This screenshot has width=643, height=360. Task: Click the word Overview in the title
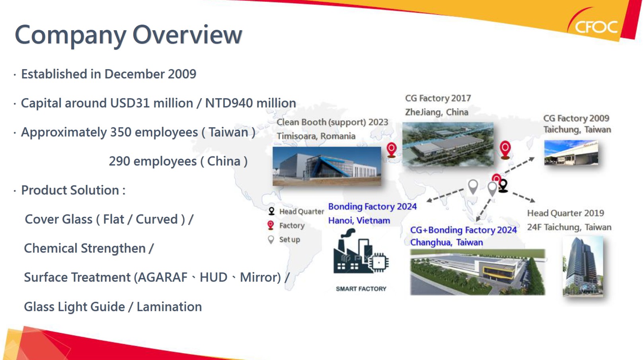187,35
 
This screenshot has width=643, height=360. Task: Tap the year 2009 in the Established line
182,74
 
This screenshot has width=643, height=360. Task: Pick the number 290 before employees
119,162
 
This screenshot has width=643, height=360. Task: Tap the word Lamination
169,307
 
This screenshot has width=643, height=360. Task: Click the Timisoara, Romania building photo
327,166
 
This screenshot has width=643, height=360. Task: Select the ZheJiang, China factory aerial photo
448,144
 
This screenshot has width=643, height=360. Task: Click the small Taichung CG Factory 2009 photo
571,152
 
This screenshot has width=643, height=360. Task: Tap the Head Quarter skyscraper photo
583,266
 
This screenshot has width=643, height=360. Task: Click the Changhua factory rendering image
477,272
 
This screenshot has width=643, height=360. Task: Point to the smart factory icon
361,251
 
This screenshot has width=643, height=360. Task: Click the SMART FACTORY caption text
361,289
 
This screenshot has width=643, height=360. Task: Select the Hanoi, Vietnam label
359,220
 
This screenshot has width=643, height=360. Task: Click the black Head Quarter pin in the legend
271,211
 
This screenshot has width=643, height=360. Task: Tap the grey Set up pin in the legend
271,240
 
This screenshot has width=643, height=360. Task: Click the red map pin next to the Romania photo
391,150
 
